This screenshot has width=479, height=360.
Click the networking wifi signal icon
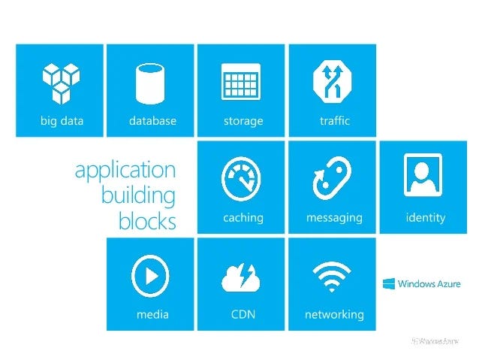[332, 277]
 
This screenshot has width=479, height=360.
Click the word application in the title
[125, 170]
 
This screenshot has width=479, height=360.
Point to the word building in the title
[138, 195]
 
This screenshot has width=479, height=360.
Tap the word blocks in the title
[147, 222]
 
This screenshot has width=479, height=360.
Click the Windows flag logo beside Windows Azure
[389, 284]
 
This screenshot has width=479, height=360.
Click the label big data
[62, 120]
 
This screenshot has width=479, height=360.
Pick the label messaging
[334, 218]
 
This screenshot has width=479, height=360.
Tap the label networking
[334, 314]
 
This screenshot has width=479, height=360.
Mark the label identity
[425, 218]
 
